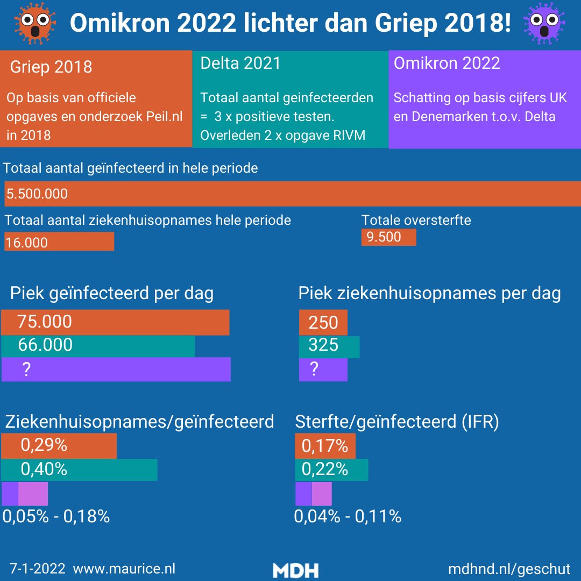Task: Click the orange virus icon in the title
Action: [x=35, y=23]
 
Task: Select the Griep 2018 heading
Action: [x=51, y=67]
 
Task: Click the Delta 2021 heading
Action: [x=240, y=63]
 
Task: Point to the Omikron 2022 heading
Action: [x=447, y=63]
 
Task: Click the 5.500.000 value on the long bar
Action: [x=37, y=194]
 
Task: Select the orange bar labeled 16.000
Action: [x=59, y=242]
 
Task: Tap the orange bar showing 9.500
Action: [x=388, y=237]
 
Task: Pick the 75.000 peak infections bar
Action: [x=115, y=322]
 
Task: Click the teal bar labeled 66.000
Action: [x=98, y=345]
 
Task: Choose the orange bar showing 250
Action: [x=323, y=323]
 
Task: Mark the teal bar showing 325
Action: [x=329, y=346]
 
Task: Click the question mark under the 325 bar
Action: [x=314, y=369]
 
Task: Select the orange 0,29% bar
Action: [x=59, y=446]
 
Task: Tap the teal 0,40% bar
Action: [x=79, y=469]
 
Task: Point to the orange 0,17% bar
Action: [x=325, y=446]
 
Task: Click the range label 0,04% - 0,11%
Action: [x=348, y=517]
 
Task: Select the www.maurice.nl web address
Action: [x=124, y=569]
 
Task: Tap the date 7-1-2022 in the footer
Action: [x=38, y=569]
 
